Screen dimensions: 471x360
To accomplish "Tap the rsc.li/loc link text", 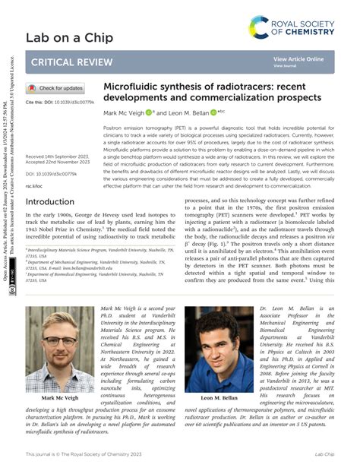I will point(34,185).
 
